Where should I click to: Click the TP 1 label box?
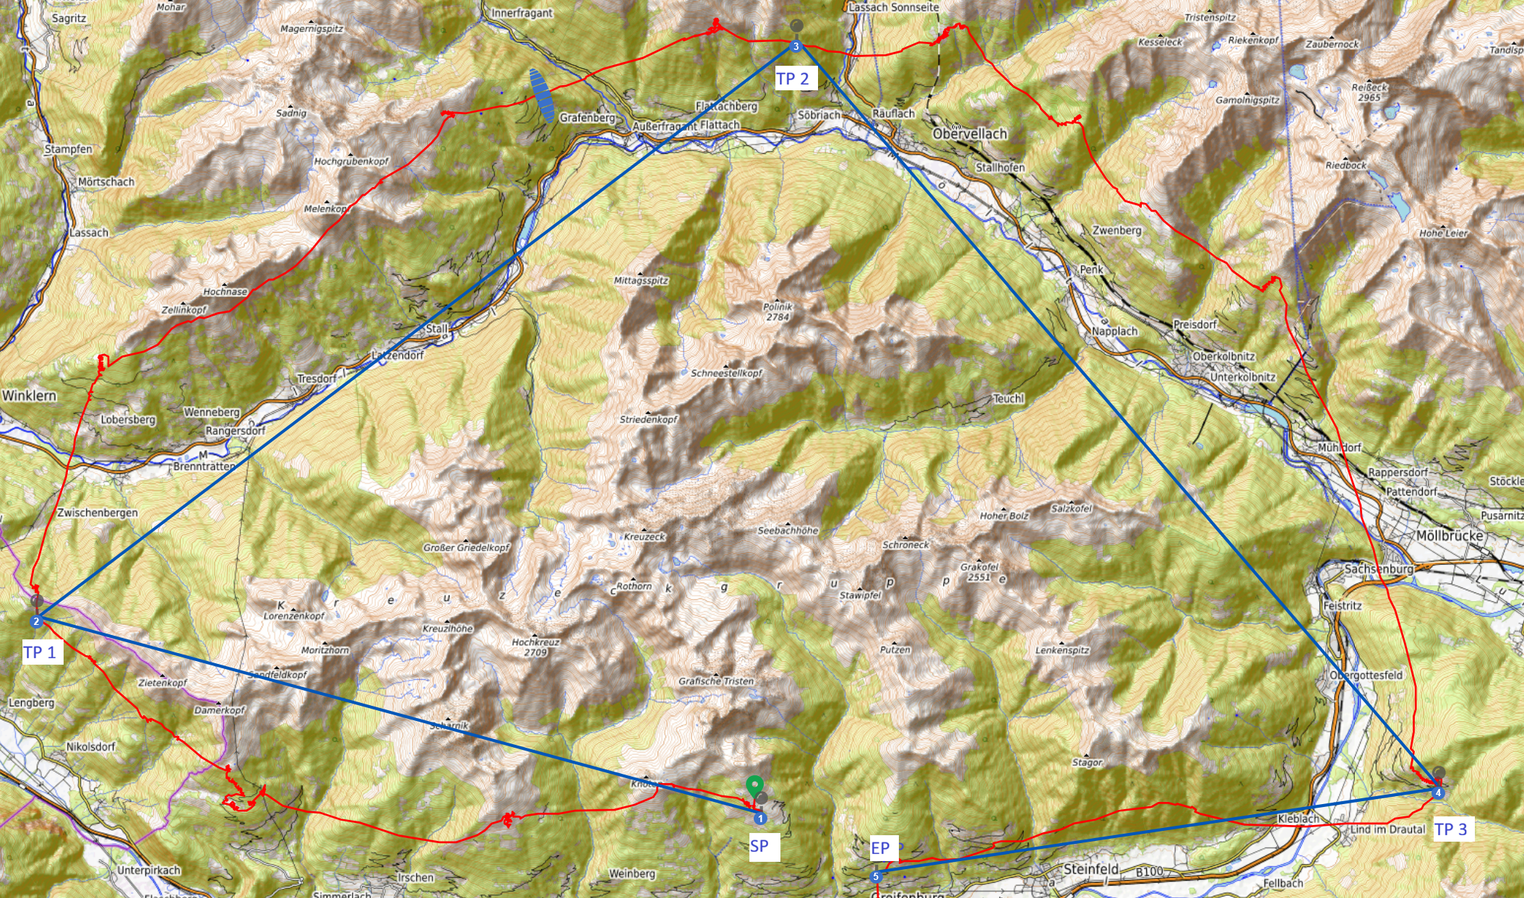pyautogui.click(x=40, y=652)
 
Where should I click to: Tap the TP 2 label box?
pyautogui.click(x=793, y=79)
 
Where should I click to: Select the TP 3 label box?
pyautogui.click(x=1451, y=829)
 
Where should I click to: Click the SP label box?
pyautogui.click(x=759, y=846)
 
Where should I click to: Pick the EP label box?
pyautogui.click(x=880, y=847)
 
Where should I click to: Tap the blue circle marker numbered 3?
pyautogui.click(x=796, y=47)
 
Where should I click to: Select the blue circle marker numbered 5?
pyautogui.click(x=876, y=876)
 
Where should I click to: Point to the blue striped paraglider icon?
pyautogui.click(x=542, y=95)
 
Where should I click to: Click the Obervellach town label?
pyautogui.click(x=970, y=134)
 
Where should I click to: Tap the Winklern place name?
pyautogui.click(x=29, y=395)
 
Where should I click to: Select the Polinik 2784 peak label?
pyautogui.click(x=778, y=311)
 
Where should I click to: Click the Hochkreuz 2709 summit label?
pyautogui.click(x=535, y=647)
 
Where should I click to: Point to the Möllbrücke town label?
pyautogui.click(x=1450, y=535)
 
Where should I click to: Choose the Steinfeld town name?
pyautogui.click(x=1091, y=869)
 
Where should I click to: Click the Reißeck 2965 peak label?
pyautogui.click(x=1369, y=92)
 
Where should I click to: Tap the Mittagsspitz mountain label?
pyautogui.click(x=641, y=280)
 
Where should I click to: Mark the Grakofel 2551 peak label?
pyautogui.click(x=980, y=571)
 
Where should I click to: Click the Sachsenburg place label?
pyautogui.click(x=1379, y=569)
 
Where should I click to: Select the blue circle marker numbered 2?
pyautogui.click(x=36, y=621)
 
